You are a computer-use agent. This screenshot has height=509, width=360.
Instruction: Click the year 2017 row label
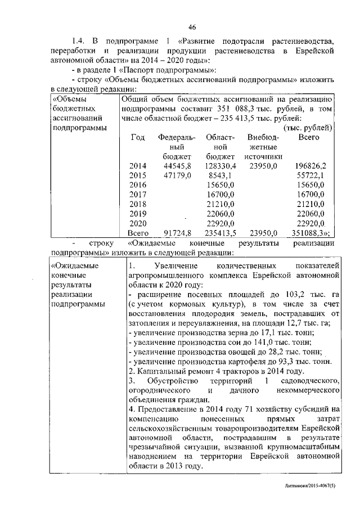coord(137,194)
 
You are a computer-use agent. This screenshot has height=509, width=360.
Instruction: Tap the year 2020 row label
coord(137,223)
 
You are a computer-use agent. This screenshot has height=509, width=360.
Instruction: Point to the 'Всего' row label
coord(137,232)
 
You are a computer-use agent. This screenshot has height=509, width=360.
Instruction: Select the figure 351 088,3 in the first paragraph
coord(220,109)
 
